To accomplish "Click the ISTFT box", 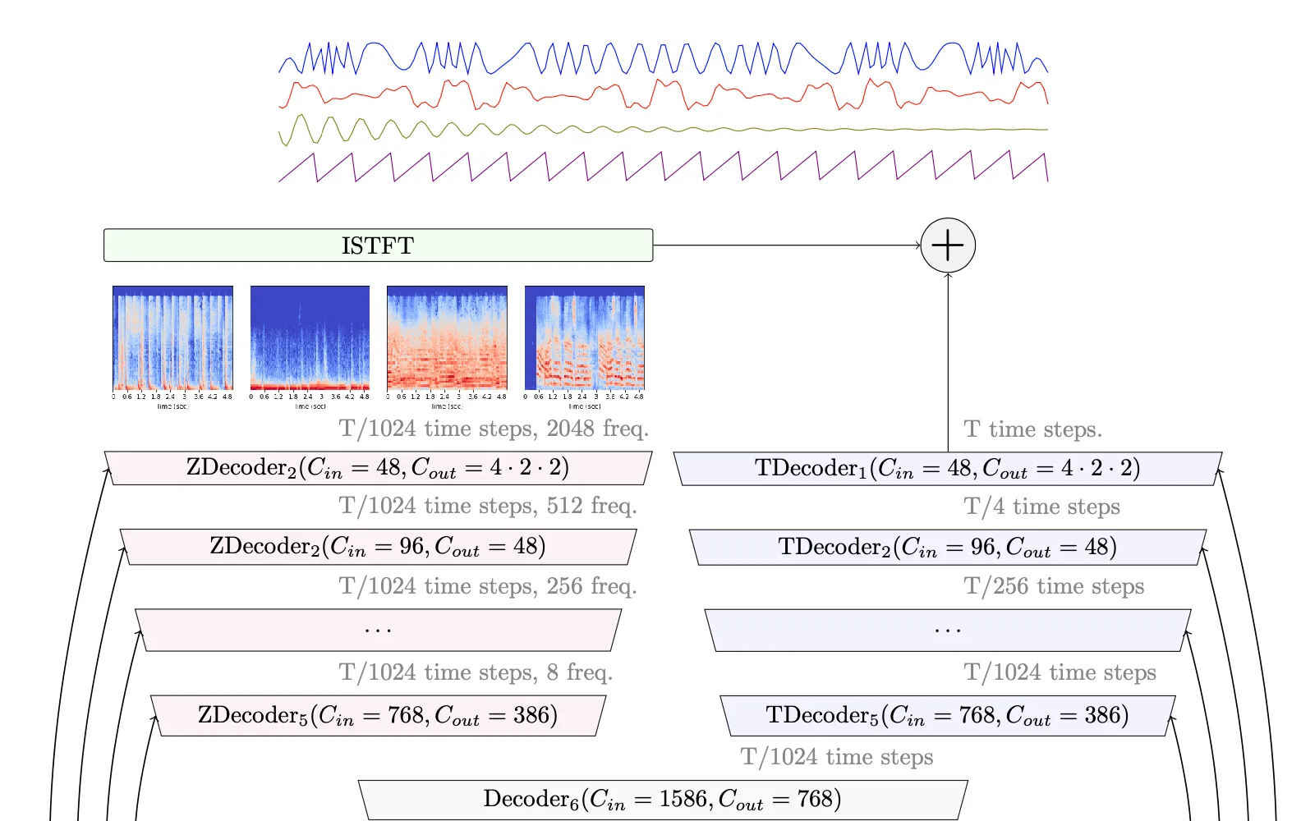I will (378, 245).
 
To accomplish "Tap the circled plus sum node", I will (948, 245).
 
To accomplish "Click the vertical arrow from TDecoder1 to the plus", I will (948, 361).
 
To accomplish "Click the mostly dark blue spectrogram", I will (310, 337).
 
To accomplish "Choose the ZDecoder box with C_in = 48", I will (378, 468).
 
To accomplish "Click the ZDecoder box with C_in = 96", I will (378, 547).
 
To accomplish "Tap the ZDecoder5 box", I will (378, 715).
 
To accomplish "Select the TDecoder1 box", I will (948, 468).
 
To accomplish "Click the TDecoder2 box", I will (948, 547).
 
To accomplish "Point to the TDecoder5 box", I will (948, 715).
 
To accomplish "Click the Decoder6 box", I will (663, 799).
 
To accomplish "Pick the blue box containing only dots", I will (948, 630).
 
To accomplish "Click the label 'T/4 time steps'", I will (1041, 507).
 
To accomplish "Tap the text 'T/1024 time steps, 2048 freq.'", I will (494, 429).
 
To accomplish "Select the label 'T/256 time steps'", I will (1054, 586).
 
